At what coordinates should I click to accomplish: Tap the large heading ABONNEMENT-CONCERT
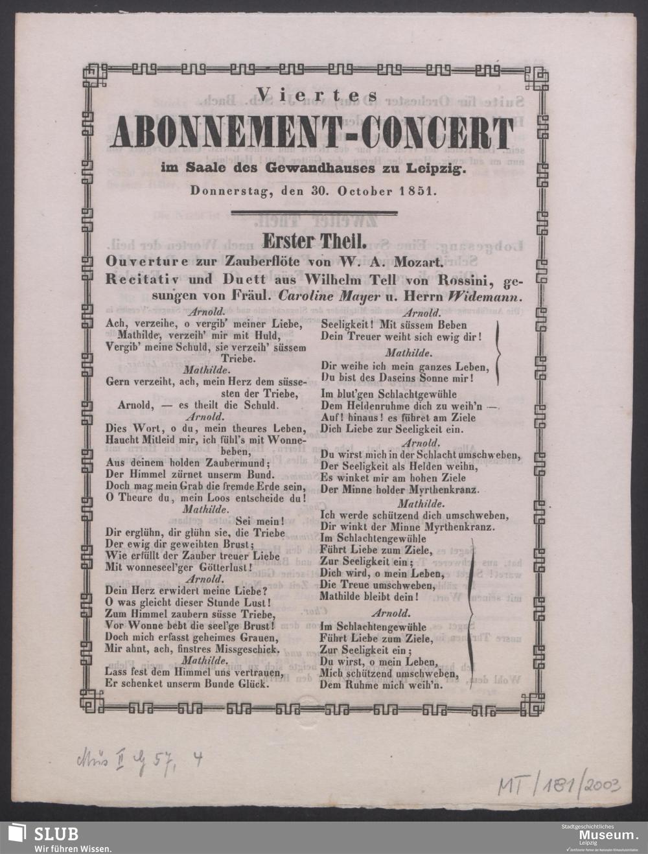pyautogui.click(x=313, y=132)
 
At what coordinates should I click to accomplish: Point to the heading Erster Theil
pyautogui.click(x=313, y=240)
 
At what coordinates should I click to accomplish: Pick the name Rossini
pyautogui.click(x=465, y=281)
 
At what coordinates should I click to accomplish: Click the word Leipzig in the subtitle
pyautogui.click(x=437, y=170)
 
